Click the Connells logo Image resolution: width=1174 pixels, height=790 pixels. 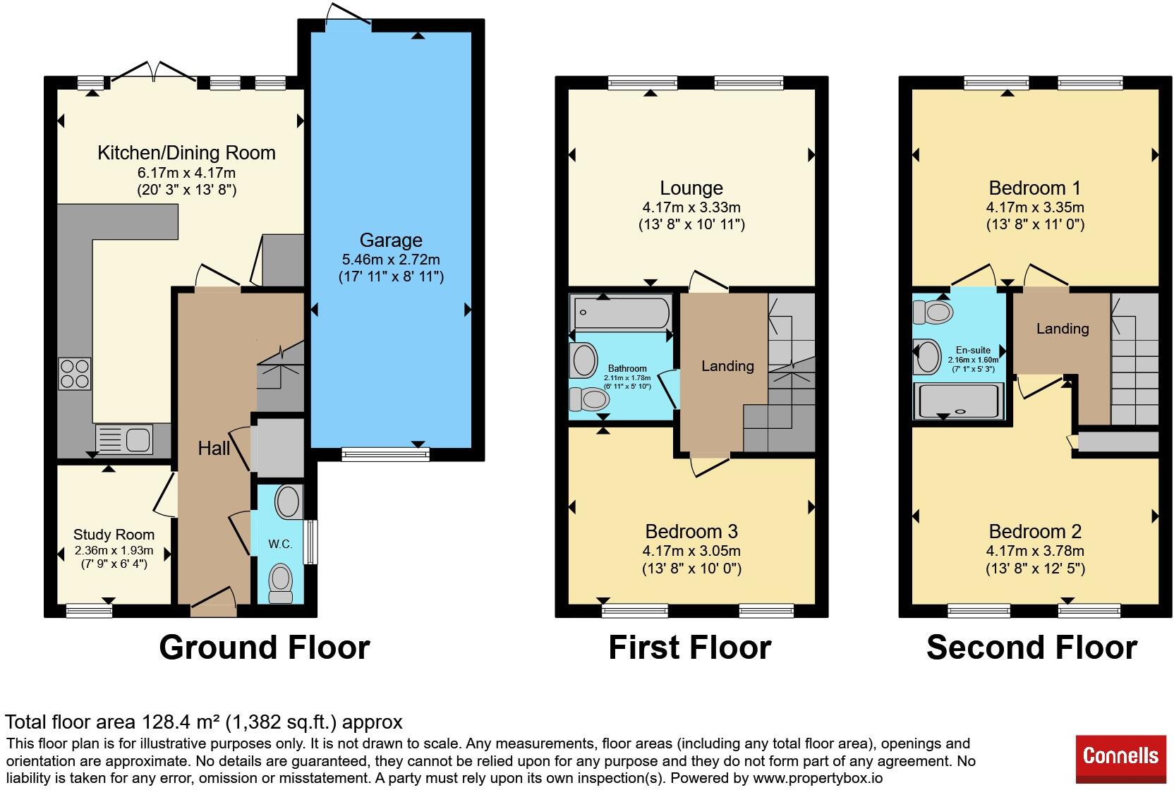tap(1120, 758)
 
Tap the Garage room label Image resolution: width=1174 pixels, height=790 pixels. tap(391, 240)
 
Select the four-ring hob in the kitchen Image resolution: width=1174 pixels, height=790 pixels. tap(74, 374)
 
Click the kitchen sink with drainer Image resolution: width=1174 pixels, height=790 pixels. tap(124, 439)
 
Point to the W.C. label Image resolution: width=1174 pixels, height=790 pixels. tap(280, 545)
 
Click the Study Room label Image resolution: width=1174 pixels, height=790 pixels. tap(114, 535)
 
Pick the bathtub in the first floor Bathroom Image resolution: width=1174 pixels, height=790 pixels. tap(621, 312)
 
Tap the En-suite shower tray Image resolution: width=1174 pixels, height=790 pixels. tap(959, 401)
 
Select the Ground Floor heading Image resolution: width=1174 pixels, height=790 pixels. tap(265, 648)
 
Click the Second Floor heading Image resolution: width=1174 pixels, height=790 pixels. tap(1032, 648)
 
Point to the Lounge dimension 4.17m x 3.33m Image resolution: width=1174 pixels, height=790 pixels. tap(691, 207)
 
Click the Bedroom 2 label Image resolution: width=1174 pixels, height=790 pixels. tap(1035, 532)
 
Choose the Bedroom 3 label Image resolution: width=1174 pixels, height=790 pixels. tap(691, 532)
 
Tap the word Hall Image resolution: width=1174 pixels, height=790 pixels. tap(214, 449)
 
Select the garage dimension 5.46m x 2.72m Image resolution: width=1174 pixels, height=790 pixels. tap(391, 260)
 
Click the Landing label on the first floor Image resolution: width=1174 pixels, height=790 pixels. tap(727, 366)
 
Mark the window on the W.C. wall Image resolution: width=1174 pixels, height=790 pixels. tap(311, 542)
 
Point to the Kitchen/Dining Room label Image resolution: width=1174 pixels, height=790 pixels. tap(186, 153)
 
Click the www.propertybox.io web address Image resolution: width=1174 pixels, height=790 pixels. tap(818, 778)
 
